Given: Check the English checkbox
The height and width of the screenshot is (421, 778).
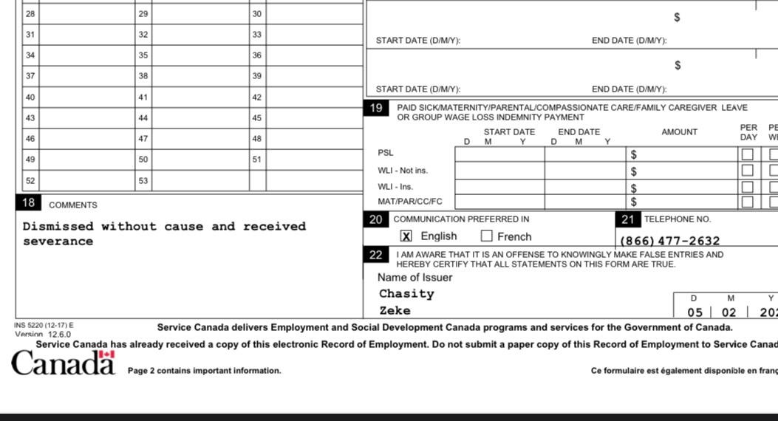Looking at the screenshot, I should (x=406, y=236).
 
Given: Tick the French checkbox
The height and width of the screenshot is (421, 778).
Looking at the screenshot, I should (x=487, y=236).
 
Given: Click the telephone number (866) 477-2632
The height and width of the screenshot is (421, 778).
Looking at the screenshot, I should (x=669, y=241).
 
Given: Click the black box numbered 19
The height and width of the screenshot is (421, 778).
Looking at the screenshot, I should (x=376, y=109).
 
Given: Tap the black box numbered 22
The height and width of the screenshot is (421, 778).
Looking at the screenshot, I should (x=376, y=255).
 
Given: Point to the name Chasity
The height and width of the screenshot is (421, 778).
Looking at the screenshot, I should (x=406, y=294).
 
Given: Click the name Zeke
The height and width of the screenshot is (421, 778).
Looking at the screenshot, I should (x=395, y=311).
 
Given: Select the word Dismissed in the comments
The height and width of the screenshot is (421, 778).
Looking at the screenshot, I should (x=58, y=227).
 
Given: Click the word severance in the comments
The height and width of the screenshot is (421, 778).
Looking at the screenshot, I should (x=58, y=242).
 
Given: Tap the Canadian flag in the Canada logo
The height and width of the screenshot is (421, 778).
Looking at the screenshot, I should (x=107, y=355).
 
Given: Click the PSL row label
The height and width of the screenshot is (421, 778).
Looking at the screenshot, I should (x=386, y=153).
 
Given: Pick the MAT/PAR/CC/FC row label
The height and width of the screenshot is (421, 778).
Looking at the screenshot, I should (x=410, y=201).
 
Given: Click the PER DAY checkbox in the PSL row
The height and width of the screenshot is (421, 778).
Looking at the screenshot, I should (x=748, y=154).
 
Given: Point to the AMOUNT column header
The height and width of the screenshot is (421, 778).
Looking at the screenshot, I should (x=679, y=132).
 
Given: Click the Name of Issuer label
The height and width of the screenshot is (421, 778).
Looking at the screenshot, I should (x=414, y=278).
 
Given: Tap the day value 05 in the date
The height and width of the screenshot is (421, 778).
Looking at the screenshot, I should (x=695, y=312).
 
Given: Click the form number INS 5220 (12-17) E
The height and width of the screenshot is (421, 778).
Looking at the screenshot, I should (x=44, y=325).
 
